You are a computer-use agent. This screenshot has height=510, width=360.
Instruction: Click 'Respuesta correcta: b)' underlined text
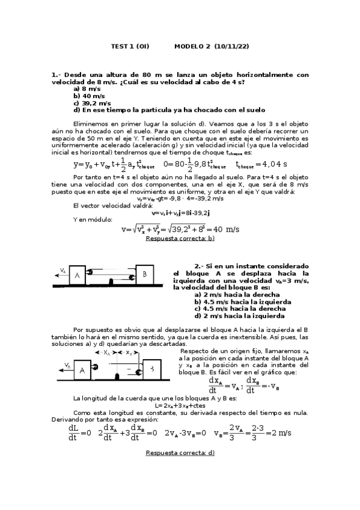tap(180, 239)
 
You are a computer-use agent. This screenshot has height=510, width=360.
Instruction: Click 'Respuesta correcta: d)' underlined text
tap(180, 453)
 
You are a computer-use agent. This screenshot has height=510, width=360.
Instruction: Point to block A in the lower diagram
tap(81, 370)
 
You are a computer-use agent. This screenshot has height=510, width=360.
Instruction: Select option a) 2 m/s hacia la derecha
tap(237, 295)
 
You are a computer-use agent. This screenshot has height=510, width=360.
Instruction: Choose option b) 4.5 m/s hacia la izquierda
tap(243, 302)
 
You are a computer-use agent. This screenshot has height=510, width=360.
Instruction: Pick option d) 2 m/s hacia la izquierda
tap(239, 316)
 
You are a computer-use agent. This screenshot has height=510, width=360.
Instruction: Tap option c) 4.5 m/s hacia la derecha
tap(239, 309)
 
